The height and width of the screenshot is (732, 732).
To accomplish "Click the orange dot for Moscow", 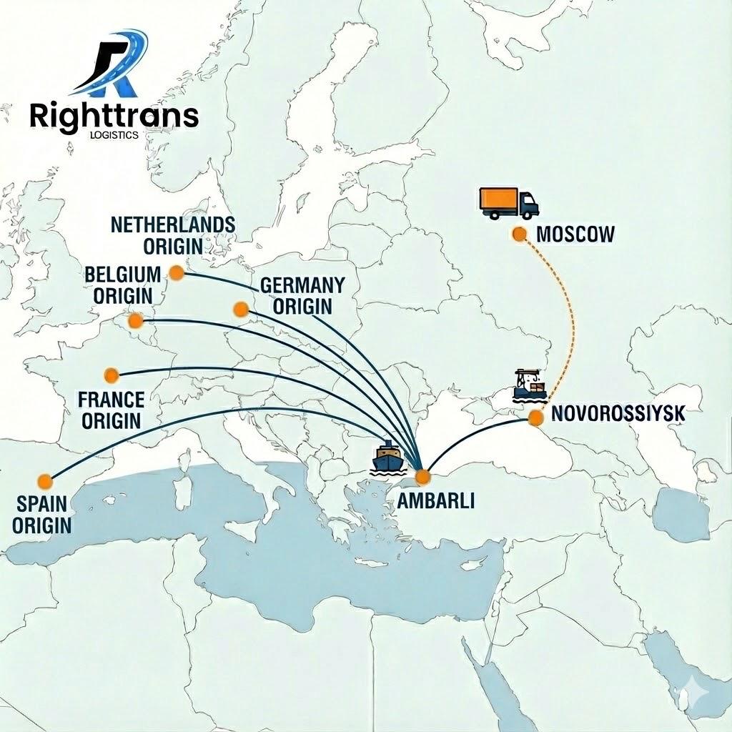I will (520, 234).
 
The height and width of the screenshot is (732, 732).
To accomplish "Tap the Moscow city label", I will (575, 234).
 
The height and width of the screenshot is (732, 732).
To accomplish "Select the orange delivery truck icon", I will (508, 203).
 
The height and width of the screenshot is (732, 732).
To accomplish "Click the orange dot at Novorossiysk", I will (535, 419).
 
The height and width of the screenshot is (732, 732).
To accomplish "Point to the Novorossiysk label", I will (619, 413).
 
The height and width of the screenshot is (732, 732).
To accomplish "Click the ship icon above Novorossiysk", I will (530, 385).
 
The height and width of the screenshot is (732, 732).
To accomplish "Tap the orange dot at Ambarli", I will (422, 477).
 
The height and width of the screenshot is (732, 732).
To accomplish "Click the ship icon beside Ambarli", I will (388, 457).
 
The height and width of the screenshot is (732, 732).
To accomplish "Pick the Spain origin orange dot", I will (45, 480).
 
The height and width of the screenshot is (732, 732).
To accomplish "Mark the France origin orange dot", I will (111, 375).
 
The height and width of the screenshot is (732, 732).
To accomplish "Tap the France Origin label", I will (111, 410).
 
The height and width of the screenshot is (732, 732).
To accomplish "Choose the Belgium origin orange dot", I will (135, 322).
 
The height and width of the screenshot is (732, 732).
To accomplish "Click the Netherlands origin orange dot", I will (176, 272).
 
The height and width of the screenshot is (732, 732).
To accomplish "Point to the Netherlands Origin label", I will (173, 235).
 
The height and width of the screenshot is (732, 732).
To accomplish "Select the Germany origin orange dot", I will (241, 309).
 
